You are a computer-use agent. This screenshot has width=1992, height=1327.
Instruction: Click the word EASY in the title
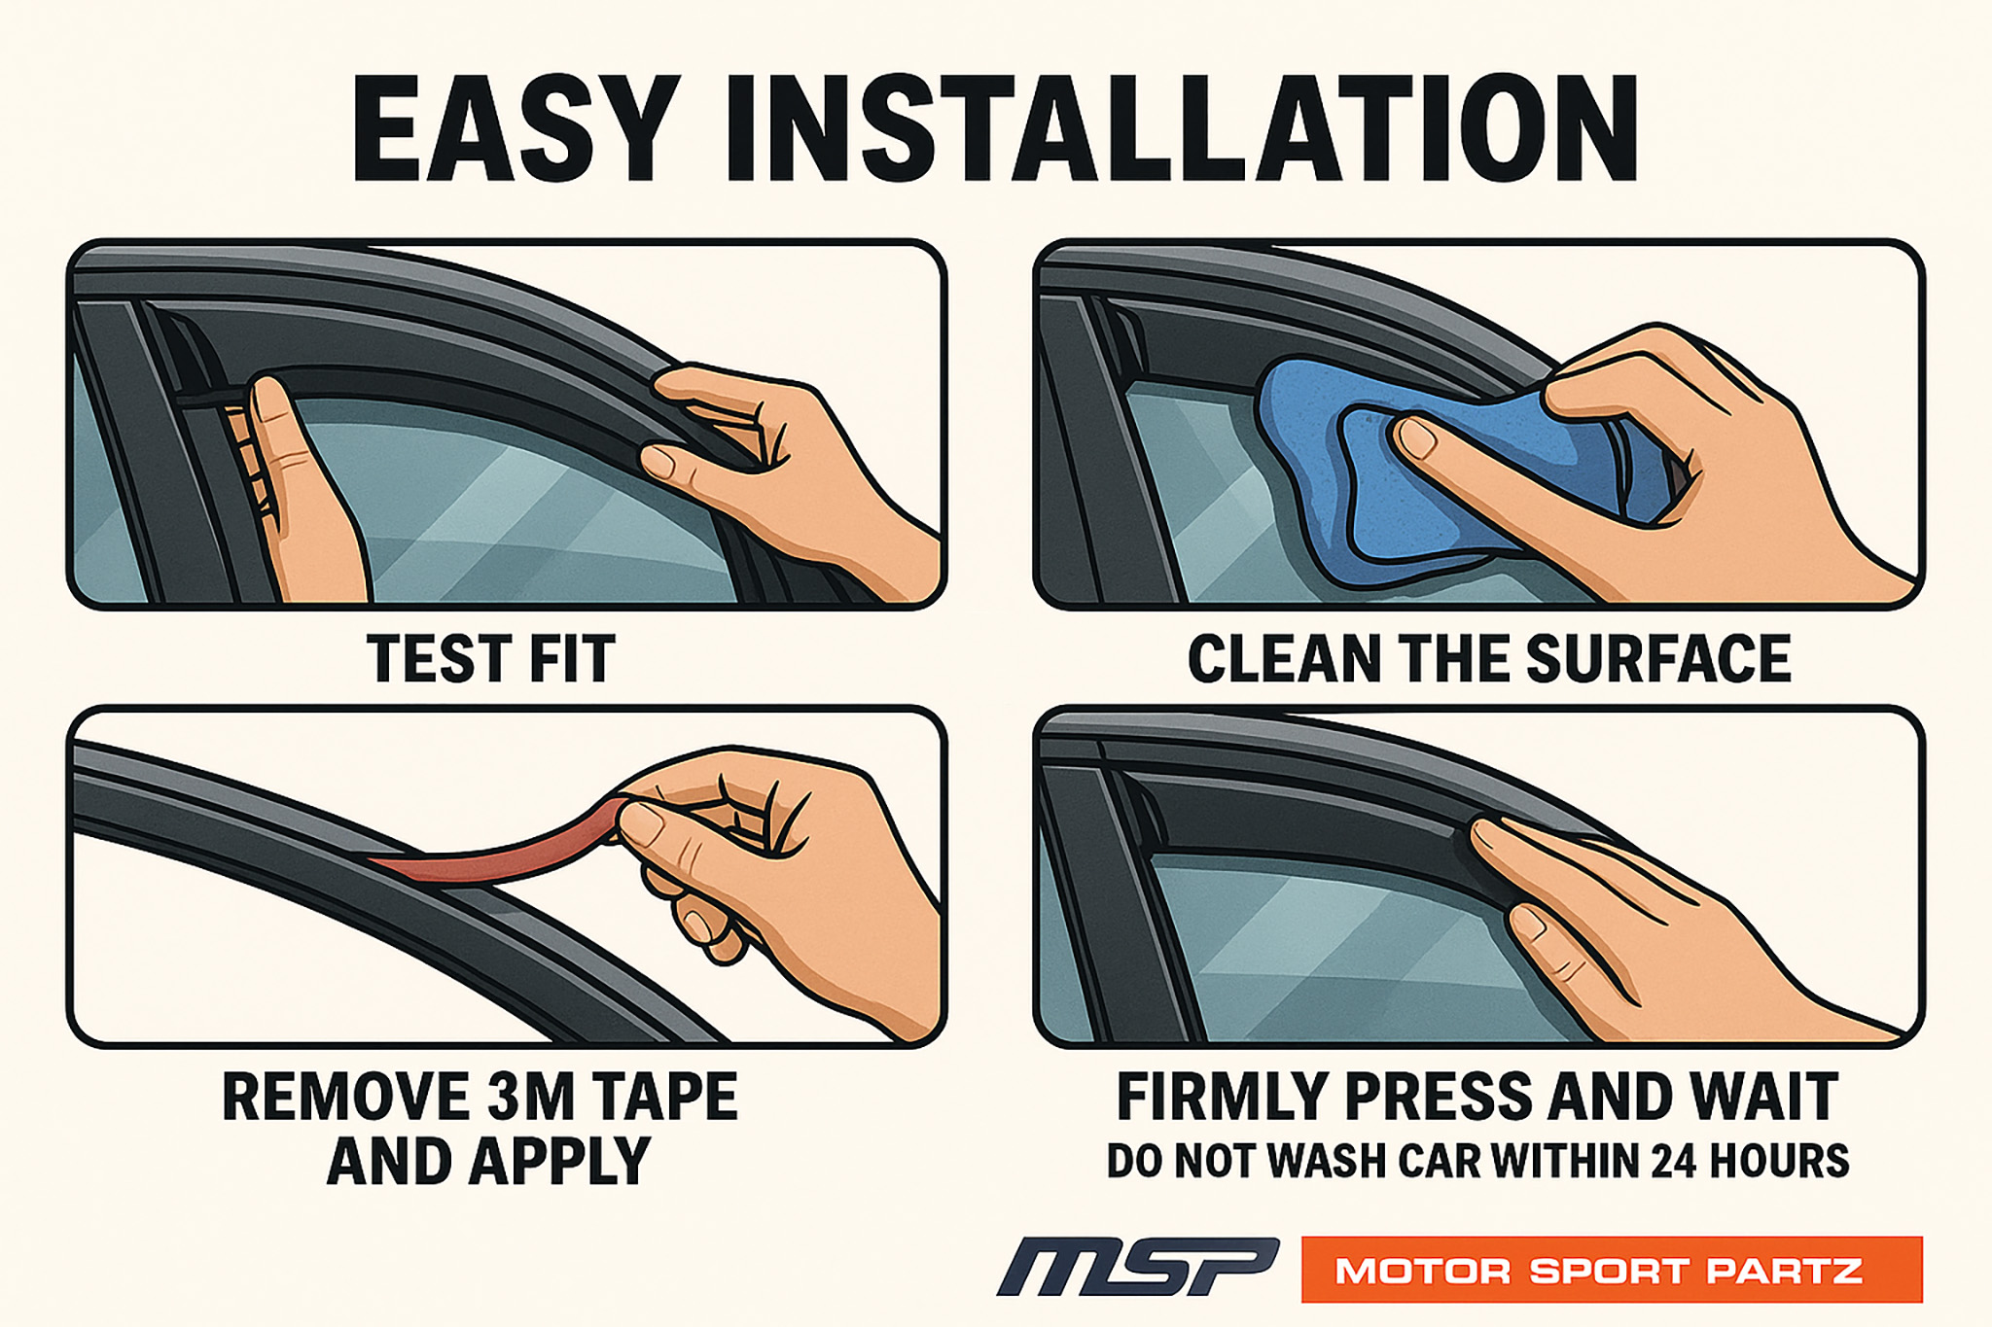pos(516,128)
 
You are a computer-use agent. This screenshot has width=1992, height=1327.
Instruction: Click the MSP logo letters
pos(1138,1267)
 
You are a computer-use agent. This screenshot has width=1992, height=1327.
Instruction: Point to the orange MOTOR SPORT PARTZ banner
pos(1612,1269)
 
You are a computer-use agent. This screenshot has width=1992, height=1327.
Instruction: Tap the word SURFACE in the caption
pos(1659,659)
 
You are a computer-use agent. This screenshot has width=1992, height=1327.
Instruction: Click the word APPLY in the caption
pos(559,1161)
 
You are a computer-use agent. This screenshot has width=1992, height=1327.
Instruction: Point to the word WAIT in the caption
pos(1764,1097)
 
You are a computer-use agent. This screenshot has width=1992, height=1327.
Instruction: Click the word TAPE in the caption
pos(664,1097)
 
